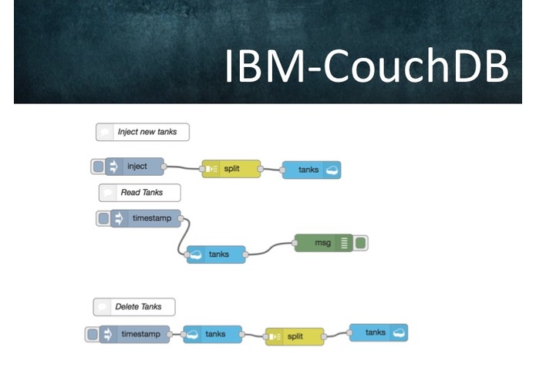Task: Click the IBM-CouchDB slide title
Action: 367,66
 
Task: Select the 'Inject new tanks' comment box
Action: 143,132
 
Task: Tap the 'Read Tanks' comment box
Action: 140,193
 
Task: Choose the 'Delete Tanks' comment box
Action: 134,307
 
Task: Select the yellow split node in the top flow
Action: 231,169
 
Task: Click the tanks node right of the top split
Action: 312,170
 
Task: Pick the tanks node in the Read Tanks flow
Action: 216,255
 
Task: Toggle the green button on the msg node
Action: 360,243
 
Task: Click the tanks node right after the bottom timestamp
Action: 213,334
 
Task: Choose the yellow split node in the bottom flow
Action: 295,336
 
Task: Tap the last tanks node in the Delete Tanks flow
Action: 379,333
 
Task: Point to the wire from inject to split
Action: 183,167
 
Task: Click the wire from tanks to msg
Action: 270,249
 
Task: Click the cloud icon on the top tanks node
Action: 332,170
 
